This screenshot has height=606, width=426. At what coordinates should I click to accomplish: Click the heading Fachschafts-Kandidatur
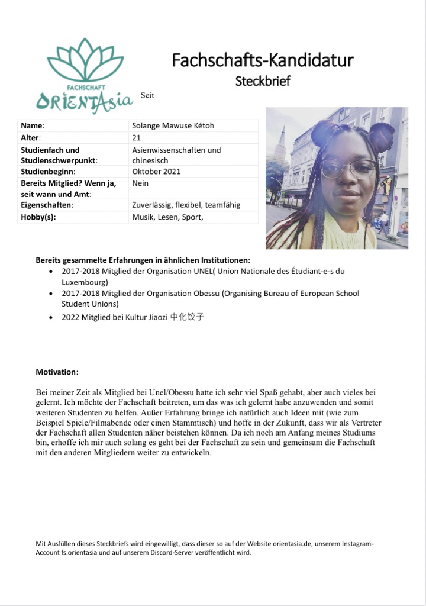pyautogui.click(x=263, y=60)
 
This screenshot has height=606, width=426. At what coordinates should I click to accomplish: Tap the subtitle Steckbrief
pyautogui.click(x=263, y=81)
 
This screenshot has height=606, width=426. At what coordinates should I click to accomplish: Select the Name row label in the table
pyautogui.click(x=33, y=125)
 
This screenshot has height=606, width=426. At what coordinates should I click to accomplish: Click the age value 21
pyautogui.click(x=137, y=137)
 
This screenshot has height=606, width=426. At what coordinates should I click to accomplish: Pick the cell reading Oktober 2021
pyautogui.click(x=156, y=172)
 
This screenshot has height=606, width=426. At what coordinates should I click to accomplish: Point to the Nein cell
pyautogui.click(x=140, y=183)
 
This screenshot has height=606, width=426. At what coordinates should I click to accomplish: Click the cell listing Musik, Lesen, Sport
pyautogui.click(x=167, y=217)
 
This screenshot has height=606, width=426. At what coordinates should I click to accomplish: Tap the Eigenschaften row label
pyautogui.click(x=47, y=205)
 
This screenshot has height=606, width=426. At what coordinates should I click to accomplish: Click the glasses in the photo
pyautogui.click(x=348, y=168)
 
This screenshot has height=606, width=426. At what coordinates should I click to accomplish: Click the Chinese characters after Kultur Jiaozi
pyautogui.click(x=188, y=317)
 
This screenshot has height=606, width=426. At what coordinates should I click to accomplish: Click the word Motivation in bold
pyautogui.click(x=56, y=372)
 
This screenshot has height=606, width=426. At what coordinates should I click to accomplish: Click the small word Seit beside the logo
pyautogui.click(x=147, y=95)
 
